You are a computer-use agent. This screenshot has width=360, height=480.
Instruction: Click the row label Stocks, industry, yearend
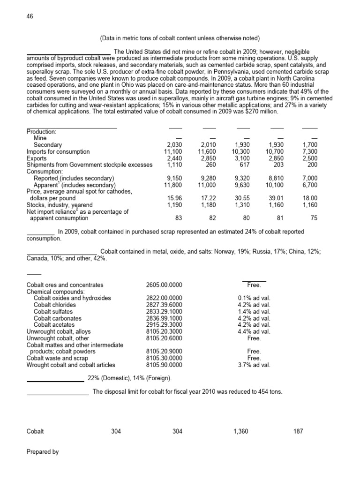60,205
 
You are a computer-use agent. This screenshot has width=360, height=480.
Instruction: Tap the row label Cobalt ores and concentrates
65,285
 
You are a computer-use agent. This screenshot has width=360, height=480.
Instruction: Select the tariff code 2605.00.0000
165,285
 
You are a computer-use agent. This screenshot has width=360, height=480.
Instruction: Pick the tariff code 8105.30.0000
165,358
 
